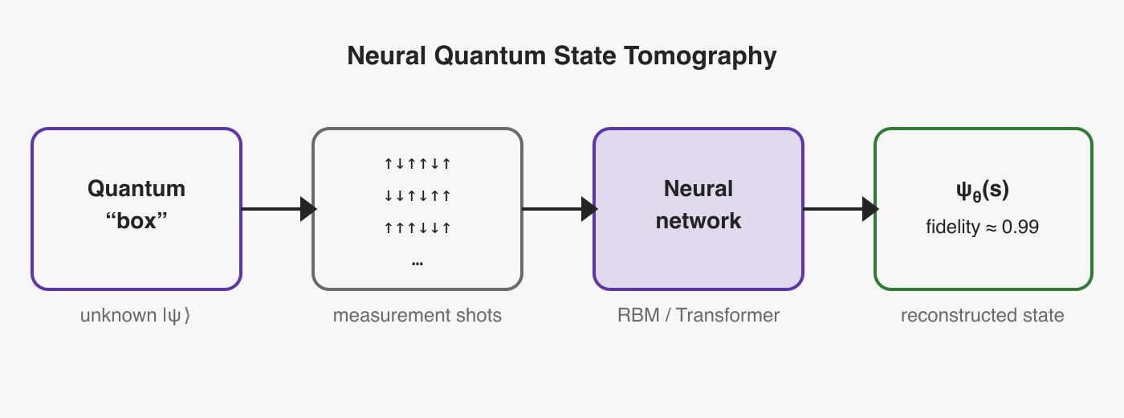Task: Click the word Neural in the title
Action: pyautogui.click(x=386, y=55)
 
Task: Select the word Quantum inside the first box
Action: pyautogui.click(x=136, y=189)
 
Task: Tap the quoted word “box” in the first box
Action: pyautogui.click(x=136, y=221)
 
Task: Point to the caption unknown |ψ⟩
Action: pyautogui.click(x=136, y=315)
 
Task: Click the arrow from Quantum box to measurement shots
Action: pyautogui.click(x=279, y=209)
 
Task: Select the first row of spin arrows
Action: pyautogui.click(x=417, y=164)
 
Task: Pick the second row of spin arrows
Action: pyautogui.click(x=417, y=195)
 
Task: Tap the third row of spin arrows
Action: pyautogui.click(x=417, y=228)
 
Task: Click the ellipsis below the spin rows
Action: pyautogui.click(x=417, y=264)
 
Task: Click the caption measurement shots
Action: pyautogui.click(x=417, y=315)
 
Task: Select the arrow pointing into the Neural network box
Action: pyautogui.click(x=560, y=209)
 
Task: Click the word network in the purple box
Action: pyautogui.click(x=698, y=221)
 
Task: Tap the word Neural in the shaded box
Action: pyautogui.click(x=698, y=189)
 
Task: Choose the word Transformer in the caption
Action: pyautogui.click(x=727, y=315)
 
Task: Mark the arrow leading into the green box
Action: pyautogui.click(x=841, y=209)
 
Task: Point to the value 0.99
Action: pyautogui.click(x=1020, y=227)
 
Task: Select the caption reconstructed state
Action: pyautogui.click(x=983, y=315)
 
